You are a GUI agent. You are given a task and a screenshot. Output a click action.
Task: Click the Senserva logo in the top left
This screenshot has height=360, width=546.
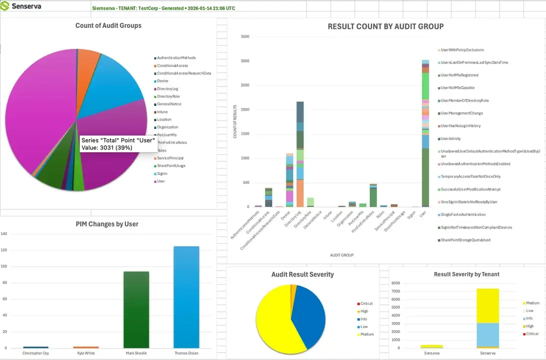tap(22, 7)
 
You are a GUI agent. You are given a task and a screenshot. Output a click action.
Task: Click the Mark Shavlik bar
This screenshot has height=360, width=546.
tap(136, 309)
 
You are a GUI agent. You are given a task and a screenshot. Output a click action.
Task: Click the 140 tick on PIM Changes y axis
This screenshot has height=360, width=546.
tap(4, 234)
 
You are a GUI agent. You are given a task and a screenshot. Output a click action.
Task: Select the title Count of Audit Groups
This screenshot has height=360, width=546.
tap(108, 25)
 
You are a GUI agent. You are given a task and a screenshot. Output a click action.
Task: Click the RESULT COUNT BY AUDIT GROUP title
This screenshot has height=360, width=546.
tap(385, 26)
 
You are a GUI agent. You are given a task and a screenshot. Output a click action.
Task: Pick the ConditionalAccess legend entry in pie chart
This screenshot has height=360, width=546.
tap(172, 65)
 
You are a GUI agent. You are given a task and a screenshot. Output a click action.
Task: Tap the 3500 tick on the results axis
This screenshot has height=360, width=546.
tap(245, 36)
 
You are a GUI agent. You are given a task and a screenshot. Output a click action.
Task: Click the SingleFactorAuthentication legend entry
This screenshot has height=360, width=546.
tap(463, 214)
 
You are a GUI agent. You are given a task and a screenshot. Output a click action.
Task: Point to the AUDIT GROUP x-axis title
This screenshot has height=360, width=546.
tap(342, 255)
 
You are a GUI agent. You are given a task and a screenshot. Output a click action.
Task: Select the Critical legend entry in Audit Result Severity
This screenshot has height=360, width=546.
tap(366, 303)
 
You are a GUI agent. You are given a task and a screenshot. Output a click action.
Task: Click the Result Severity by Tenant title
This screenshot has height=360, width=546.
tap(466, 274)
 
